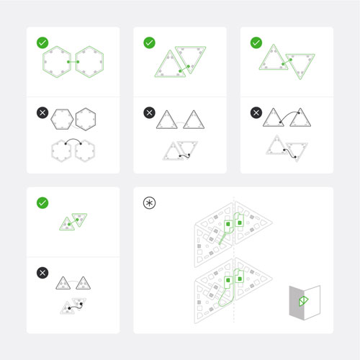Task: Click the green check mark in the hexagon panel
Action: (x=43, y=43)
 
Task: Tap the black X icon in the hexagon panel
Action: (x=43, y=113)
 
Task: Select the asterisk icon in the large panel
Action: (x=150, y=203)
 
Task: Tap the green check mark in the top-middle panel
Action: (x=150, y=43)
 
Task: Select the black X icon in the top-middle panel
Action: (x=150, y=113)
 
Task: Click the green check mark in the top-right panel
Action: (x=256, y=43)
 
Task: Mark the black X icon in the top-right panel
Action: (x=256, y=113)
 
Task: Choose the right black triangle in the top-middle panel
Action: (x=192, y=120)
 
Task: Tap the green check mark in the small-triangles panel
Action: (x=43, y=204)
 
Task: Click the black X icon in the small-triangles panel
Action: (x=43, y=274)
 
